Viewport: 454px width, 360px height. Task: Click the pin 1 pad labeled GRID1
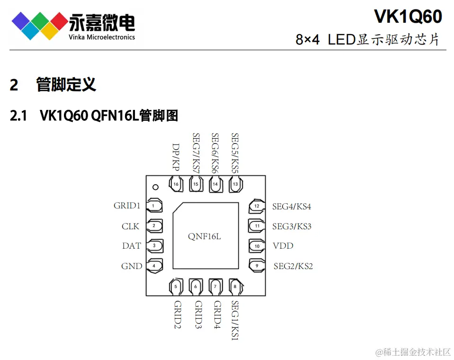click(155, 206)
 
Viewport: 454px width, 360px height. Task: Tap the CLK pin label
click(130, 226)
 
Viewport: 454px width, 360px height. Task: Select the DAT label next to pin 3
click(131, 246)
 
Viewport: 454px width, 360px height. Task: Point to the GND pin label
click(131, 266)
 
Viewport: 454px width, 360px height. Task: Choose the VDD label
click(283, 246)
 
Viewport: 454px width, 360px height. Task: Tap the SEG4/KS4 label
click(291, 207)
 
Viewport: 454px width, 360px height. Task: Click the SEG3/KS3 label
click(292, 226)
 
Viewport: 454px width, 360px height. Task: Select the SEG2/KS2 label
click(293, 266)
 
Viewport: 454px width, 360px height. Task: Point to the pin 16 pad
click(176, 184)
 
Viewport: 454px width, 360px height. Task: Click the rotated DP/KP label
click(176, 157)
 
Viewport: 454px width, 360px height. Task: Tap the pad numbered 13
click(235, 184)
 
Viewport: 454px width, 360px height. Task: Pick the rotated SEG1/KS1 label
click(235, 320)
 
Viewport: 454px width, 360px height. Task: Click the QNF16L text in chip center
click(205, 236)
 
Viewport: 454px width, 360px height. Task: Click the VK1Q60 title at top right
click(408, 17)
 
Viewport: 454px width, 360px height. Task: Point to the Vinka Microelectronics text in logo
click(102, 37)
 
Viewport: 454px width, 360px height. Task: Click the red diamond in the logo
click(59, 20)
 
